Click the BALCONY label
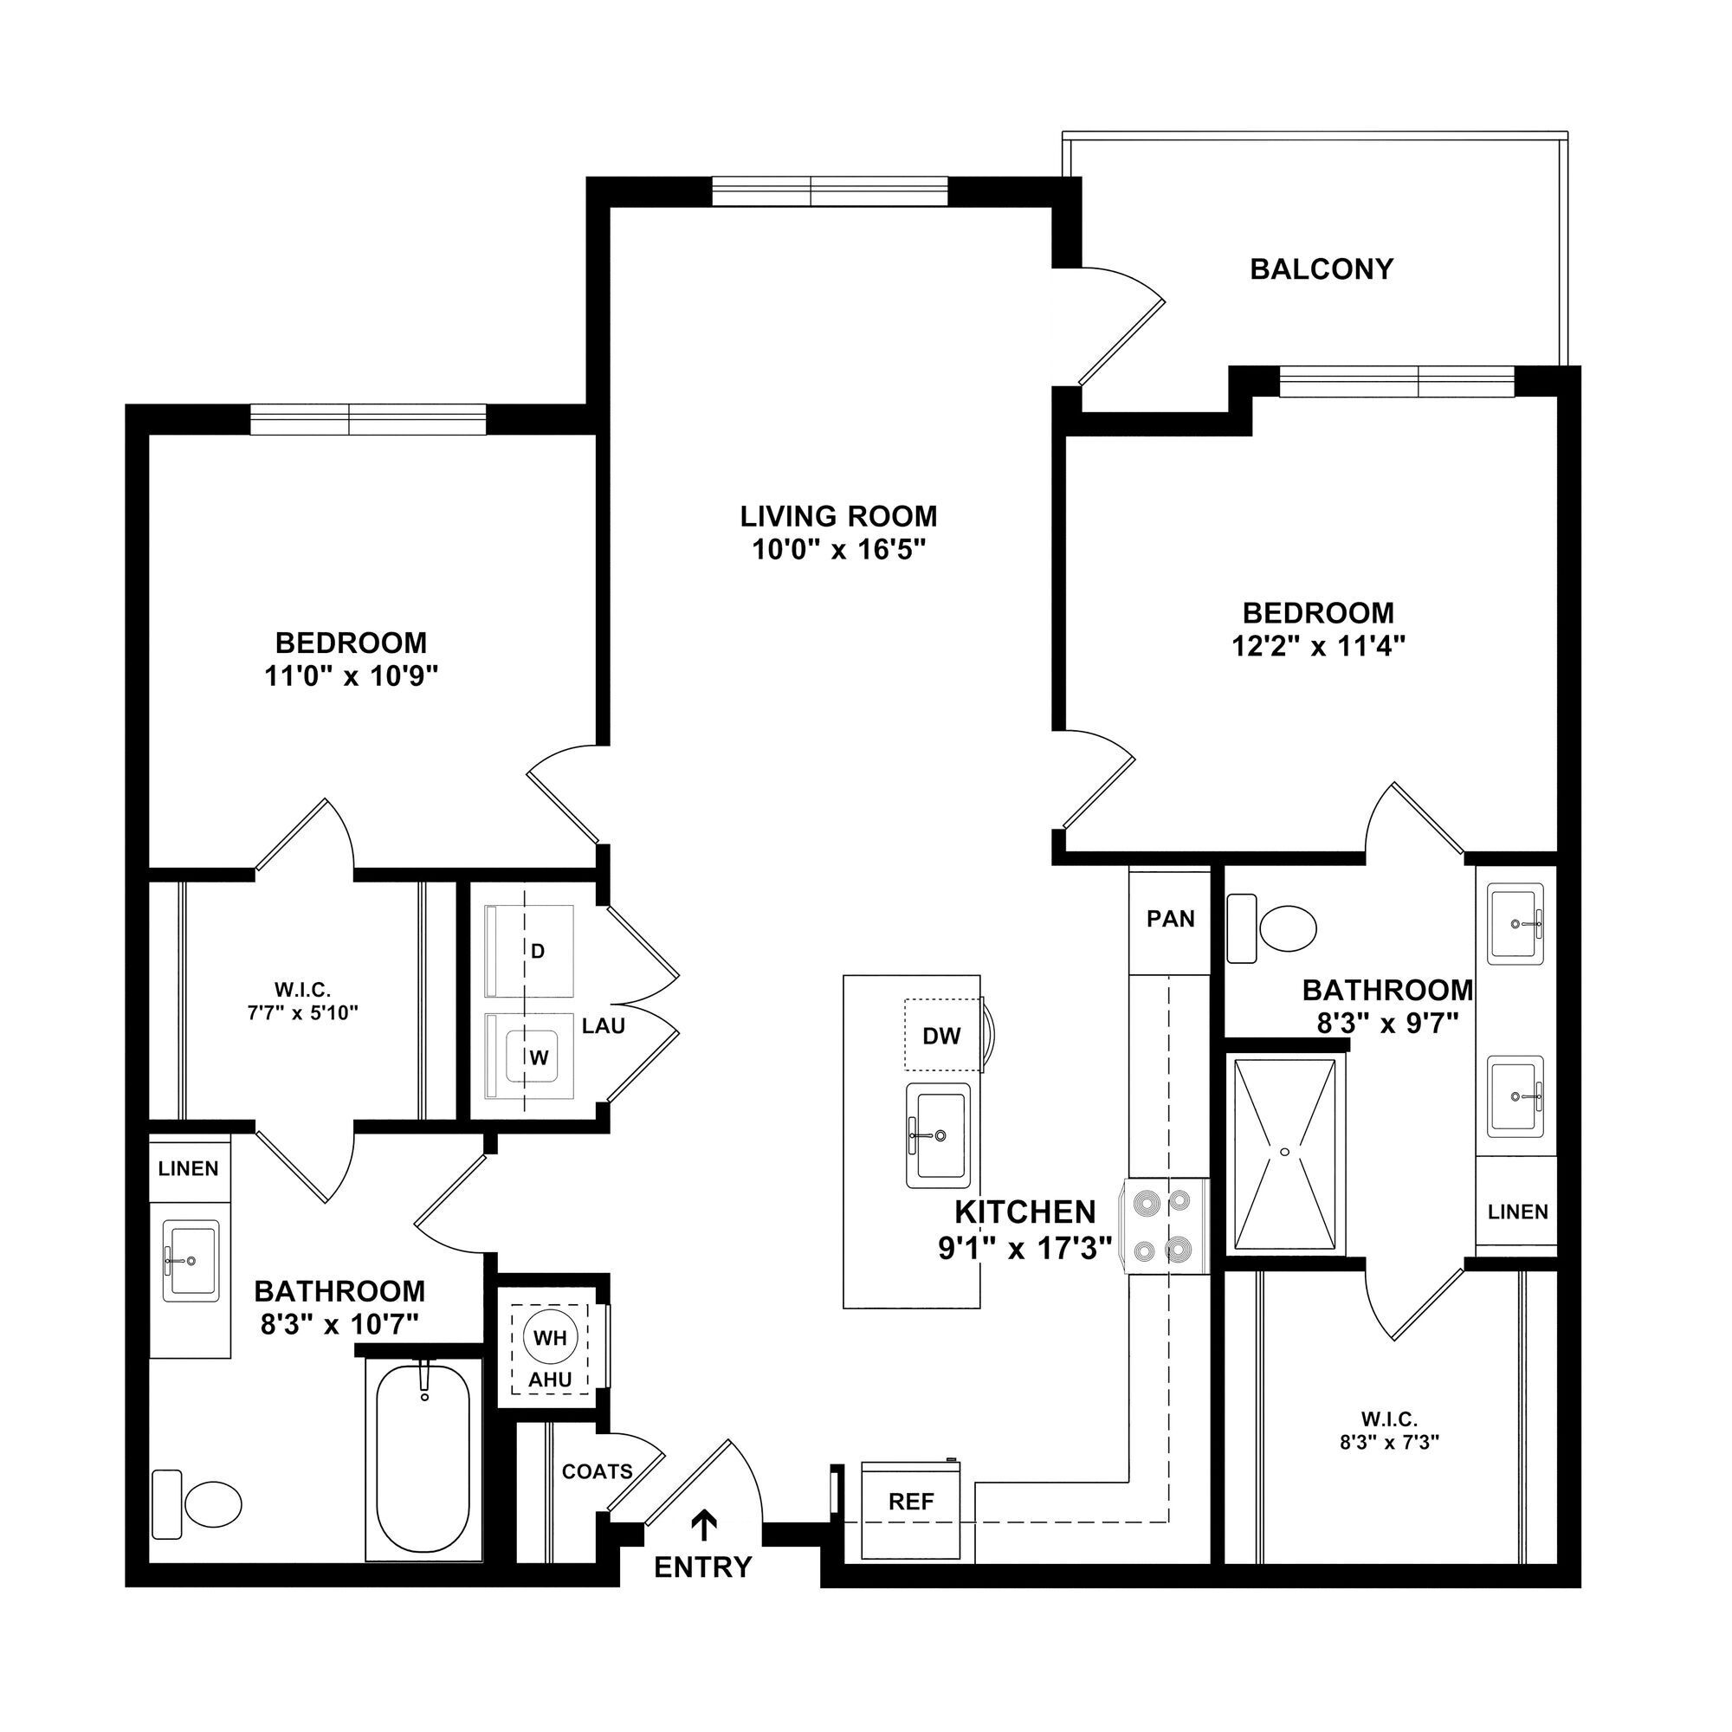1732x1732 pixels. point(1321,269)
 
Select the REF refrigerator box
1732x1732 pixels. point(911,1502)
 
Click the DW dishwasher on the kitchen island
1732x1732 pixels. point(941,1036)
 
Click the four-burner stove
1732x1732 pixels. point(1164,1225)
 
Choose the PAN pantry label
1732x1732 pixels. point(1170,919)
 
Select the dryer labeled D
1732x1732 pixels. point(537,950)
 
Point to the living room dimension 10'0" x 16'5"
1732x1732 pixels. point(838,549)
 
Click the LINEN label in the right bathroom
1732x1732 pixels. point(1517,1212)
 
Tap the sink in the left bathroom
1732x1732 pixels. point(190,1259)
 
